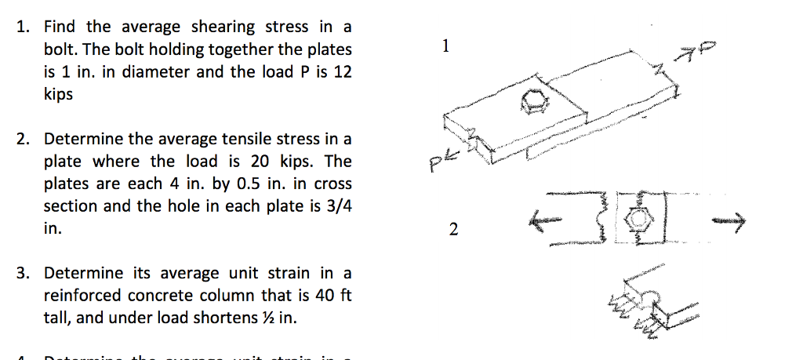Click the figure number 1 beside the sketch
tap(445, 45)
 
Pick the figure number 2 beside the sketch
tap(451, 230)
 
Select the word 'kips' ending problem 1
tap(57, 95)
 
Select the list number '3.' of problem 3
tap(24, 274)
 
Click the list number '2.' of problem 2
tap(24, 140)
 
